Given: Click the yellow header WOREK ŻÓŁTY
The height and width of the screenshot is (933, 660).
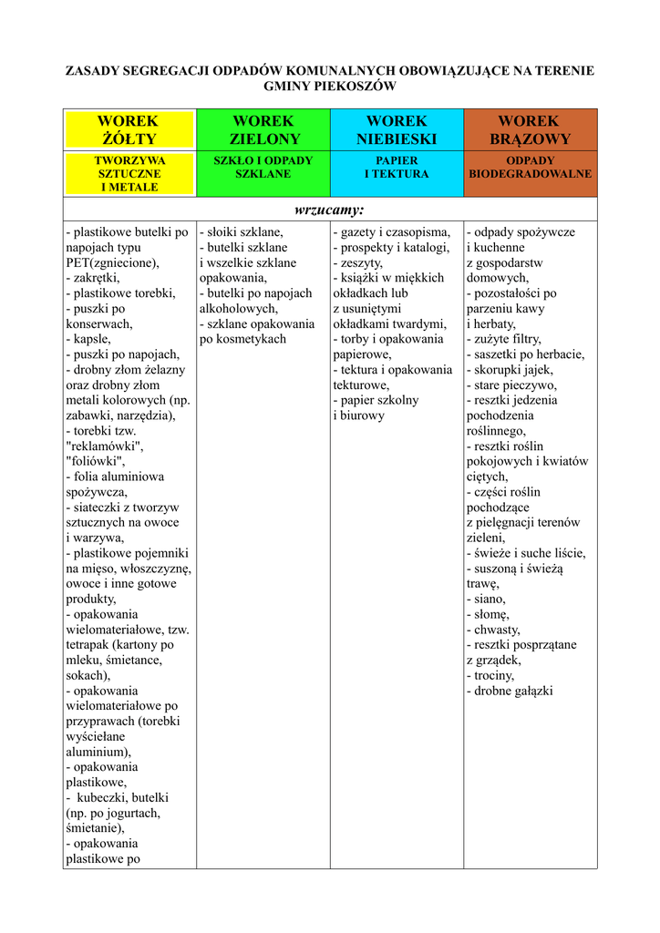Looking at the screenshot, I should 129,130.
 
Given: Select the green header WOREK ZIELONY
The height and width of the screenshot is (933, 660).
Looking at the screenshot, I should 263,130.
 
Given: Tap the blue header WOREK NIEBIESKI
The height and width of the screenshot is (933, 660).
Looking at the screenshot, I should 397,130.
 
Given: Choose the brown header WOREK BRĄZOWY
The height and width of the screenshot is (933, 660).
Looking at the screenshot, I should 530,130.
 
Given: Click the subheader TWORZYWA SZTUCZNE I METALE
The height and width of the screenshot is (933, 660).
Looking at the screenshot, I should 129,173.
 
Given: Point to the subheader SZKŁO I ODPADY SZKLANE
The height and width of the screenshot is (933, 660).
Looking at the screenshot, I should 263,167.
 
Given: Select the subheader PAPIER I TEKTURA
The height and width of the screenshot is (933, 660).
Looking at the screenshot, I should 397,167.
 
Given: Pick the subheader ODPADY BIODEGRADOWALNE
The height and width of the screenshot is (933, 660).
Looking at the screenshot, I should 530,167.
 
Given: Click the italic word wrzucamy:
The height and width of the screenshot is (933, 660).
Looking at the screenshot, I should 330,210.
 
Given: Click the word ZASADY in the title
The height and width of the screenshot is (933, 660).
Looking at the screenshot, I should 93,70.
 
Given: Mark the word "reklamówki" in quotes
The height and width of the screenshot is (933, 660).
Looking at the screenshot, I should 105,446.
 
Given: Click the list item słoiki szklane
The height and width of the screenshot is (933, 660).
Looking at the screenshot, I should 242,232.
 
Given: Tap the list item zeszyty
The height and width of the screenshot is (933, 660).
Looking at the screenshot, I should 360,262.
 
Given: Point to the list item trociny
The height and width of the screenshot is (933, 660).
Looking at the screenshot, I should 493,675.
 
